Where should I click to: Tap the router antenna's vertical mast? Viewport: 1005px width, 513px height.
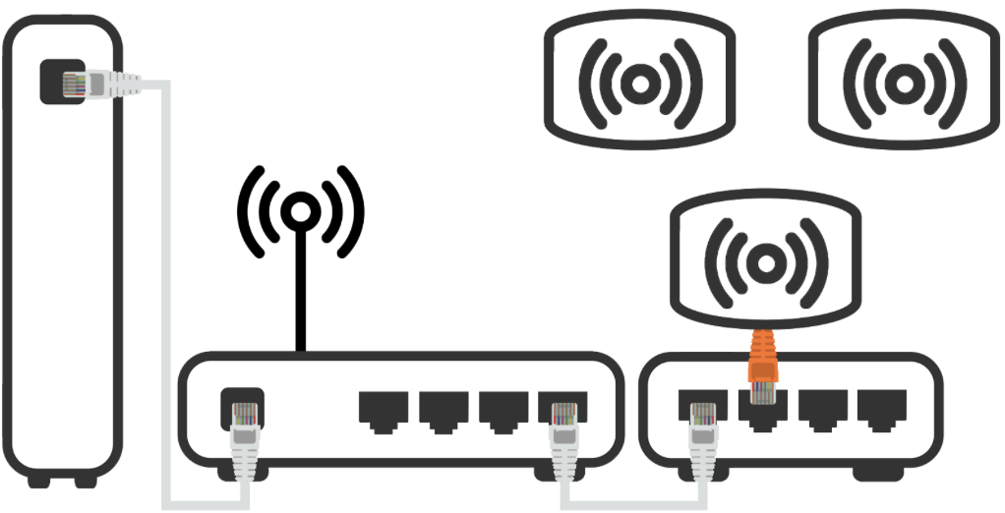(301, 295)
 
